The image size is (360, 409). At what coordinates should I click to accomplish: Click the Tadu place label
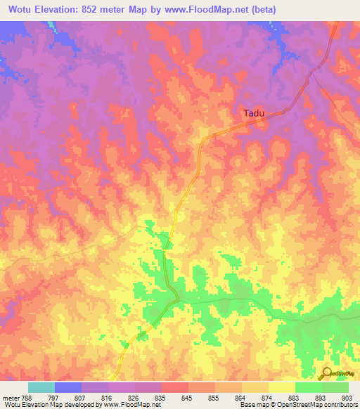coord(255,112)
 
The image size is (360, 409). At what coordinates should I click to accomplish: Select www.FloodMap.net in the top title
coord(210,10)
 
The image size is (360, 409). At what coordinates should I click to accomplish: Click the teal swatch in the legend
coord(41,387)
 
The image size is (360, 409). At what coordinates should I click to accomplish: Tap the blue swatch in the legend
coord(68,387)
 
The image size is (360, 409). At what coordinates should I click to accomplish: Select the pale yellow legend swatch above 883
coord(281,387)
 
